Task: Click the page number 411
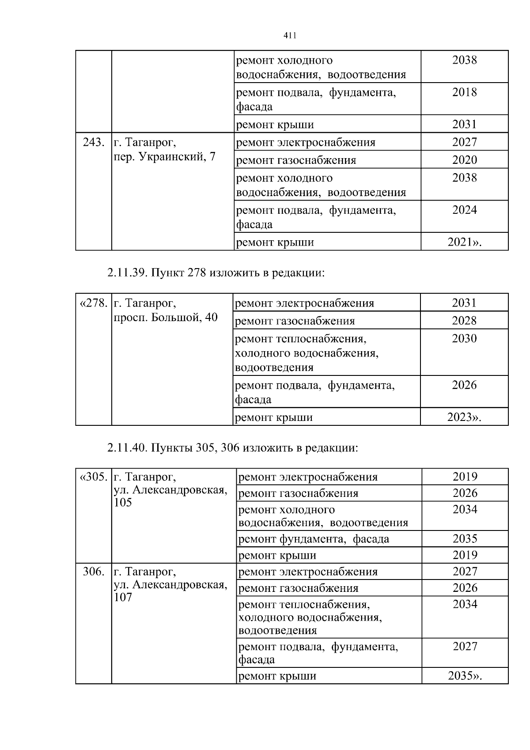click(289, 36)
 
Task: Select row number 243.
click(94, 142)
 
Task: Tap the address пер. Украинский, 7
click(164, 157)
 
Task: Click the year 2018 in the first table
click(465, 92)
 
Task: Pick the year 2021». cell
click(465, 242)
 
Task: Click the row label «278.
click(93, 303)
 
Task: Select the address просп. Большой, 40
click(166, 317)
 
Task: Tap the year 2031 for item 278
click(464, 303)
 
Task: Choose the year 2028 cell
click(464, 321)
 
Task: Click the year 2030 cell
click(464, 339)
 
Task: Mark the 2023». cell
click(464, 417)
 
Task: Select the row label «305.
click(93, 477)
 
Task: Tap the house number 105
click(123, 503)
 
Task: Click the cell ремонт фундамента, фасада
click(314, 539)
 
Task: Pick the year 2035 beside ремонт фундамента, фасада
click(465, 539)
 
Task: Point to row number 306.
click(94, 572)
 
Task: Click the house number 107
click(123, 597)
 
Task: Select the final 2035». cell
click(465, 676)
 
